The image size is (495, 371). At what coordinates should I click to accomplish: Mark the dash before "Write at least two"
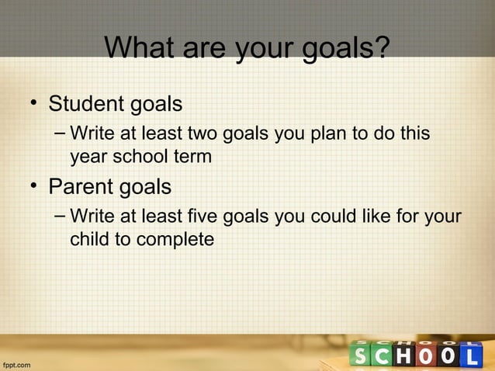click(61, 134)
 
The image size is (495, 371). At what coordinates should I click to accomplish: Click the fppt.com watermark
click(17, 363)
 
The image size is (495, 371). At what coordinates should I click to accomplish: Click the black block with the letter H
click(403, 356)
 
